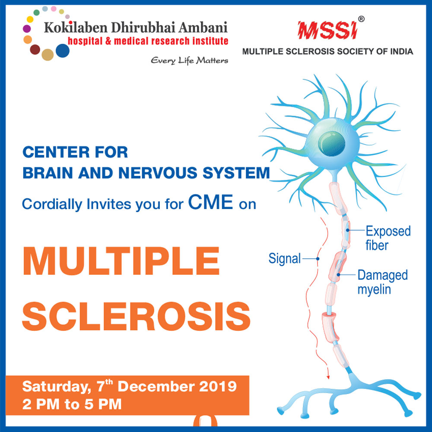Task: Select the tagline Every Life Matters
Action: tap(189, 60)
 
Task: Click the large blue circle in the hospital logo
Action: tap(62, 51)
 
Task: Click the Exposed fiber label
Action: tap(388, 238)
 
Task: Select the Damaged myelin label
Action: tap(382, 282)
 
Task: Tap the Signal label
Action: tap(284, 259)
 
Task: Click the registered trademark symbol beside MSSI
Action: tap(362, 19)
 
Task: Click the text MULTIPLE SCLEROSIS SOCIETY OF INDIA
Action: tap(327, 51)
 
